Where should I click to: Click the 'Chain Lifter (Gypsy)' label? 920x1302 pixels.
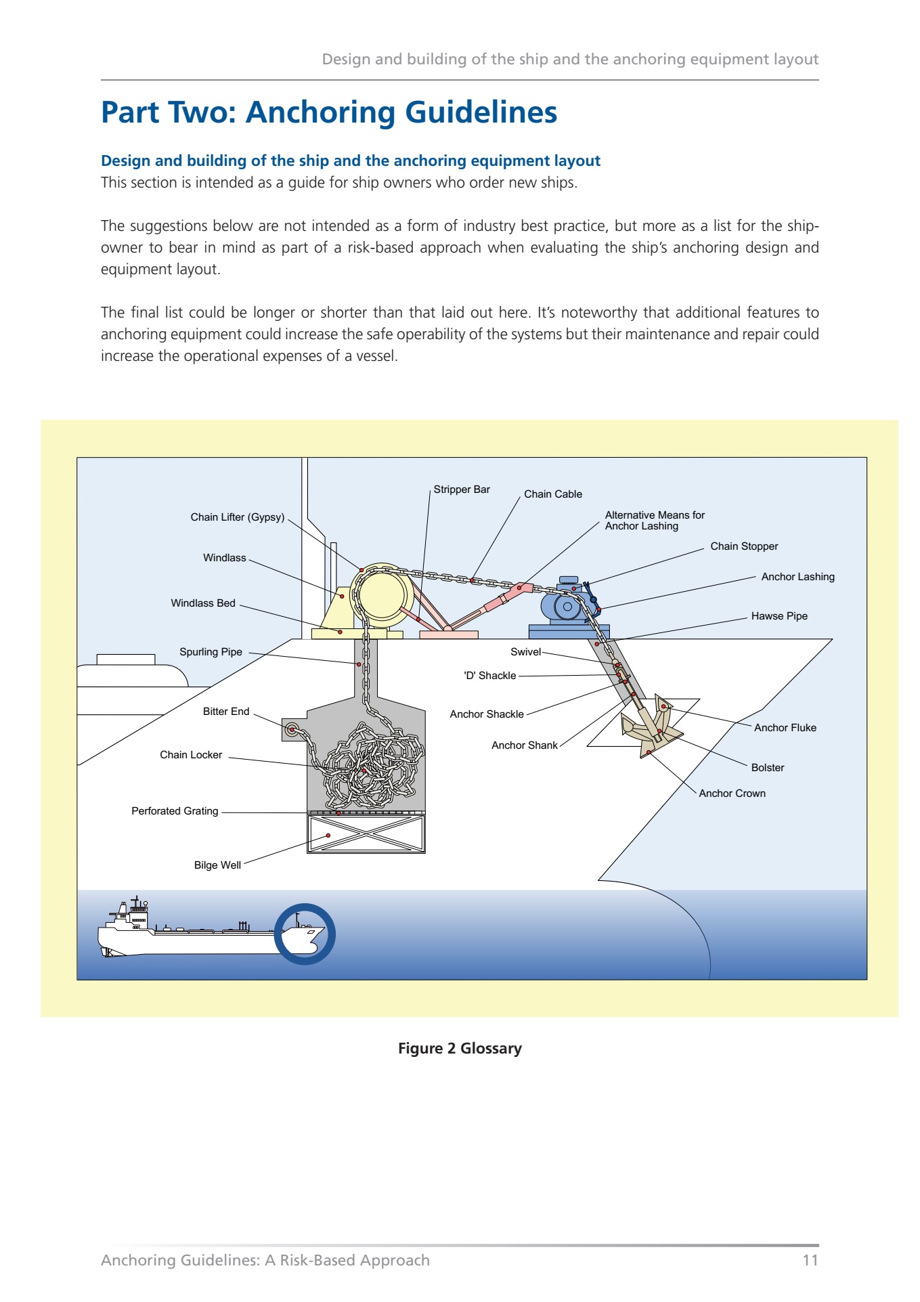click(x=237, y=517)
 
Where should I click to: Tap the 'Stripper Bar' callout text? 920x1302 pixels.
click(x=462, y=490)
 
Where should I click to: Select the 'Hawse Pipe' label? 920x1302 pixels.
click(x=779, y=616)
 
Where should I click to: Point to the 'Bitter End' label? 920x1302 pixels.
click(x=226, y=712)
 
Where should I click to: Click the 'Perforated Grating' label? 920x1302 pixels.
click(x=175, y=811)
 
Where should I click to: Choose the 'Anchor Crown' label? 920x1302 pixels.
click(x=732, y=794)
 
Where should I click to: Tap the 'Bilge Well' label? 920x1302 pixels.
click(x=217, y=865)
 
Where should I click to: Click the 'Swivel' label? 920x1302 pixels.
click(x=525, y=652)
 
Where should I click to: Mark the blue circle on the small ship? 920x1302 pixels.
click(x=305, y=934)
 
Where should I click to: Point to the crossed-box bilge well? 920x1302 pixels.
click(x=366, y=833)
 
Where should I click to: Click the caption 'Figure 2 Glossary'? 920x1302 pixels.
click(x=460, y=1049)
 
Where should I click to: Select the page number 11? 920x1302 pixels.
click(x=810, y=1260)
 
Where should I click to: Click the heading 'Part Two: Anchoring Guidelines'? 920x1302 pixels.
click(x=329, y=112)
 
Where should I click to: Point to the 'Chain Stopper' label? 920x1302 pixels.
click(x=744, y=546)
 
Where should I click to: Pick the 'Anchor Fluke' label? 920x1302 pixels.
click(x=785, y=728)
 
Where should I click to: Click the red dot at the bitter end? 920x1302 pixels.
click(x=292, y=730)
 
